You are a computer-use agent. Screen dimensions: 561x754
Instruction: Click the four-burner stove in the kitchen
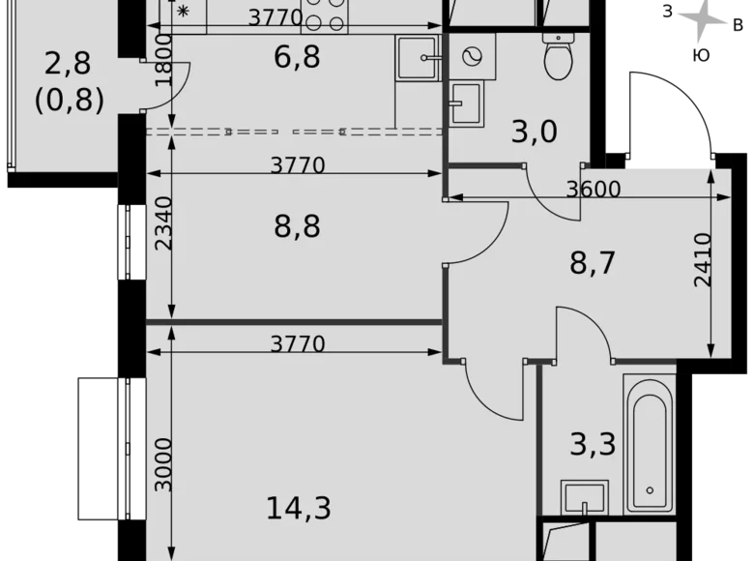[326, 16]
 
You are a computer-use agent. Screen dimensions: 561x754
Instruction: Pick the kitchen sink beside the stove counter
[418, 57]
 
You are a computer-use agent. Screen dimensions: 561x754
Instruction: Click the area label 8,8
[297, 227]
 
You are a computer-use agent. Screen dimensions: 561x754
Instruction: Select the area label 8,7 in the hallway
[593, 262]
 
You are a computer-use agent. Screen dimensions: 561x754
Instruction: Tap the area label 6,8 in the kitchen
[297, 57]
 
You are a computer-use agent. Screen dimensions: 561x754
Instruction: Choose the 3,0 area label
[535, 130]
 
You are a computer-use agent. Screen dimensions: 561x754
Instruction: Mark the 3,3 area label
[593, 445]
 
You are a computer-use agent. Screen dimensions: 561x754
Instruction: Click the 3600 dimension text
[592, 190]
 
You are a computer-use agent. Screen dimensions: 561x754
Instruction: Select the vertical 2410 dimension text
[703, 259]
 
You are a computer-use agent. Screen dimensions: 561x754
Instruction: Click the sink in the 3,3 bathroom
[586, 495]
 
